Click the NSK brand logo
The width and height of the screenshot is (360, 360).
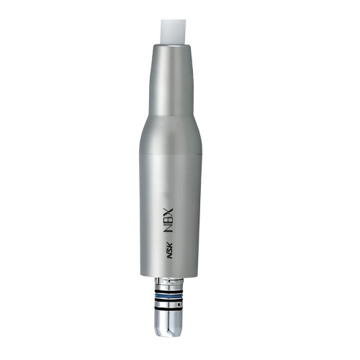(169, 251)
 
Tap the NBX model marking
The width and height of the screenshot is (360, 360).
(168, 220)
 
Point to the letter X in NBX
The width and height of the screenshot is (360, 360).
(168, 212)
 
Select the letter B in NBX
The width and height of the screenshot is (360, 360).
(168, 220)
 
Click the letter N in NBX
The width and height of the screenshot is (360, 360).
(168, 228)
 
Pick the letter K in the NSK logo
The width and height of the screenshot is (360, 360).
(169, 246)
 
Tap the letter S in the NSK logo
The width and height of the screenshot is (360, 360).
(169, 251)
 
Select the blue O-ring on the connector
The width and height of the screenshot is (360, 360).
(169, 295)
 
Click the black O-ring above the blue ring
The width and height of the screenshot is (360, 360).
(169, 291)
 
